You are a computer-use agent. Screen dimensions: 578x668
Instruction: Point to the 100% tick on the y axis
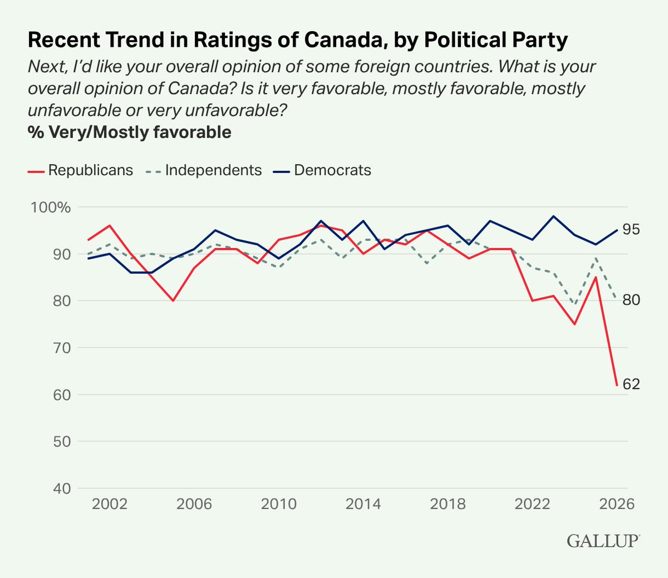pyautogui.click(x=51, y=208)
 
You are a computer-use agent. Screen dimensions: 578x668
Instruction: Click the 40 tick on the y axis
pyautogui.click(x=62, y=488)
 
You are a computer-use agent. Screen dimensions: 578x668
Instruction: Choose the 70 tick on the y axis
pyautogui.click(x=62, y=348)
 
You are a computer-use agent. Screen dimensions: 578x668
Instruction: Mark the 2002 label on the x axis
pyautogui.click(x=110, y=504)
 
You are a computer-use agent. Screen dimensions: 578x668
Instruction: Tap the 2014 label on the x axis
pyautogui.click(x=363, y=504)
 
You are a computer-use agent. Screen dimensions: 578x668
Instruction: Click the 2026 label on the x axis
pyautogui.click(x=617, y=504)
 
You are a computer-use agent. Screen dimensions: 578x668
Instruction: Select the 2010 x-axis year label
pyautogui.click(x=279, y=504)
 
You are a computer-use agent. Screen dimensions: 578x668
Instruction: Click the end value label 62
pyautogui.click(x=631, y=384)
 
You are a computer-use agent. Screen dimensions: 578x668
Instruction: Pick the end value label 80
pyautogui.click(x=631, y=300)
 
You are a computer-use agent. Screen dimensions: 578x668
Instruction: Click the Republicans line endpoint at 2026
pyautogui.click(x=617, y=385)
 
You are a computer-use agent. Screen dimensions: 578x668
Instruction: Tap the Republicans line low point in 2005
pyautogui.click(x=173, y=301)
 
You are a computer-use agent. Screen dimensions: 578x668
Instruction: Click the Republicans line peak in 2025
pyautogui.click(x=596, y=277)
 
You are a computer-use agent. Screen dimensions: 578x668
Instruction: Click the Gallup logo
pyautogui.click(x=603, y=541)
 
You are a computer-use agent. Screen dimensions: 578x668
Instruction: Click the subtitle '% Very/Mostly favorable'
pyautogui.click(x=130, y=132)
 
